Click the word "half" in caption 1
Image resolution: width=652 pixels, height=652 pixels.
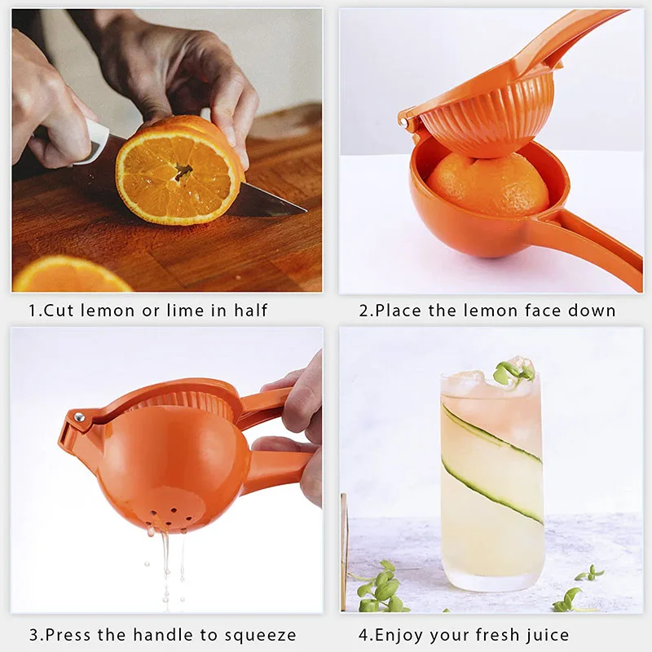pyautogui.click(x=250, y=311)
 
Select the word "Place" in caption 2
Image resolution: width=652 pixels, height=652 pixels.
pyautogui.click(x=398, y=311)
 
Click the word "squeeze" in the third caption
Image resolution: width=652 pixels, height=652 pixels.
pyautogui.click(x=260, y=636)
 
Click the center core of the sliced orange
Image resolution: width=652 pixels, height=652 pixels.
pyautogui.click(x=183, y=171)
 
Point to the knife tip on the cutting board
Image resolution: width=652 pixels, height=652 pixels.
pyautogui.click(x=306, y=210)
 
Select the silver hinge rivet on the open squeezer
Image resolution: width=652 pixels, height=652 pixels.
pyautogui.click(x=403, y=121)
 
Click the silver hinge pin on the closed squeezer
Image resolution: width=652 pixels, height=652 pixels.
pyautogui.click(x=78, y=417)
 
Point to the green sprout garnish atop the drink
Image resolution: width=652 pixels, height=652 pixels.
pyautogui.click(x=513, y=373)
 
